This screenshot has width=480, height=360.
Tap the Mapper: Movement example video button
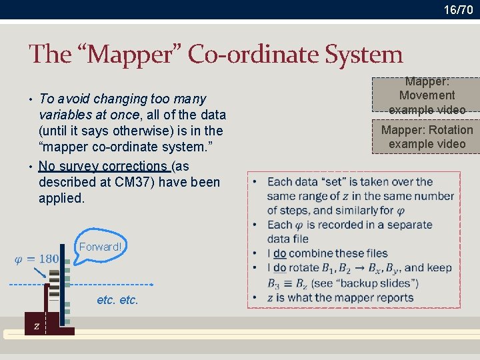(427, 95)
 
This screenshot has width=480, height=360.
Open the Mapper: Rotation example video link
(427, 137)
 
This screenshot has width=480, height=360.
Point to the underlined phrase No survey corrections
(103, 166)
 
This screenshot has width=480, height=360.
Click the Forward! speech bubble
(100, 247)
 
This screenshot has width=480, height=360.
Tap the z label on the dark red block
(36, 326)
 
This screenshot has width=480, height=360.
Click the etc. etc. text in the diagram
(117, 300)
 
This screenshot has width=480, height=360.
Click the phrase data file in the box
(287, 239)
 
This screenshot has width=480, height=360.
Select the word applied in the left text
(61, 198)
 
